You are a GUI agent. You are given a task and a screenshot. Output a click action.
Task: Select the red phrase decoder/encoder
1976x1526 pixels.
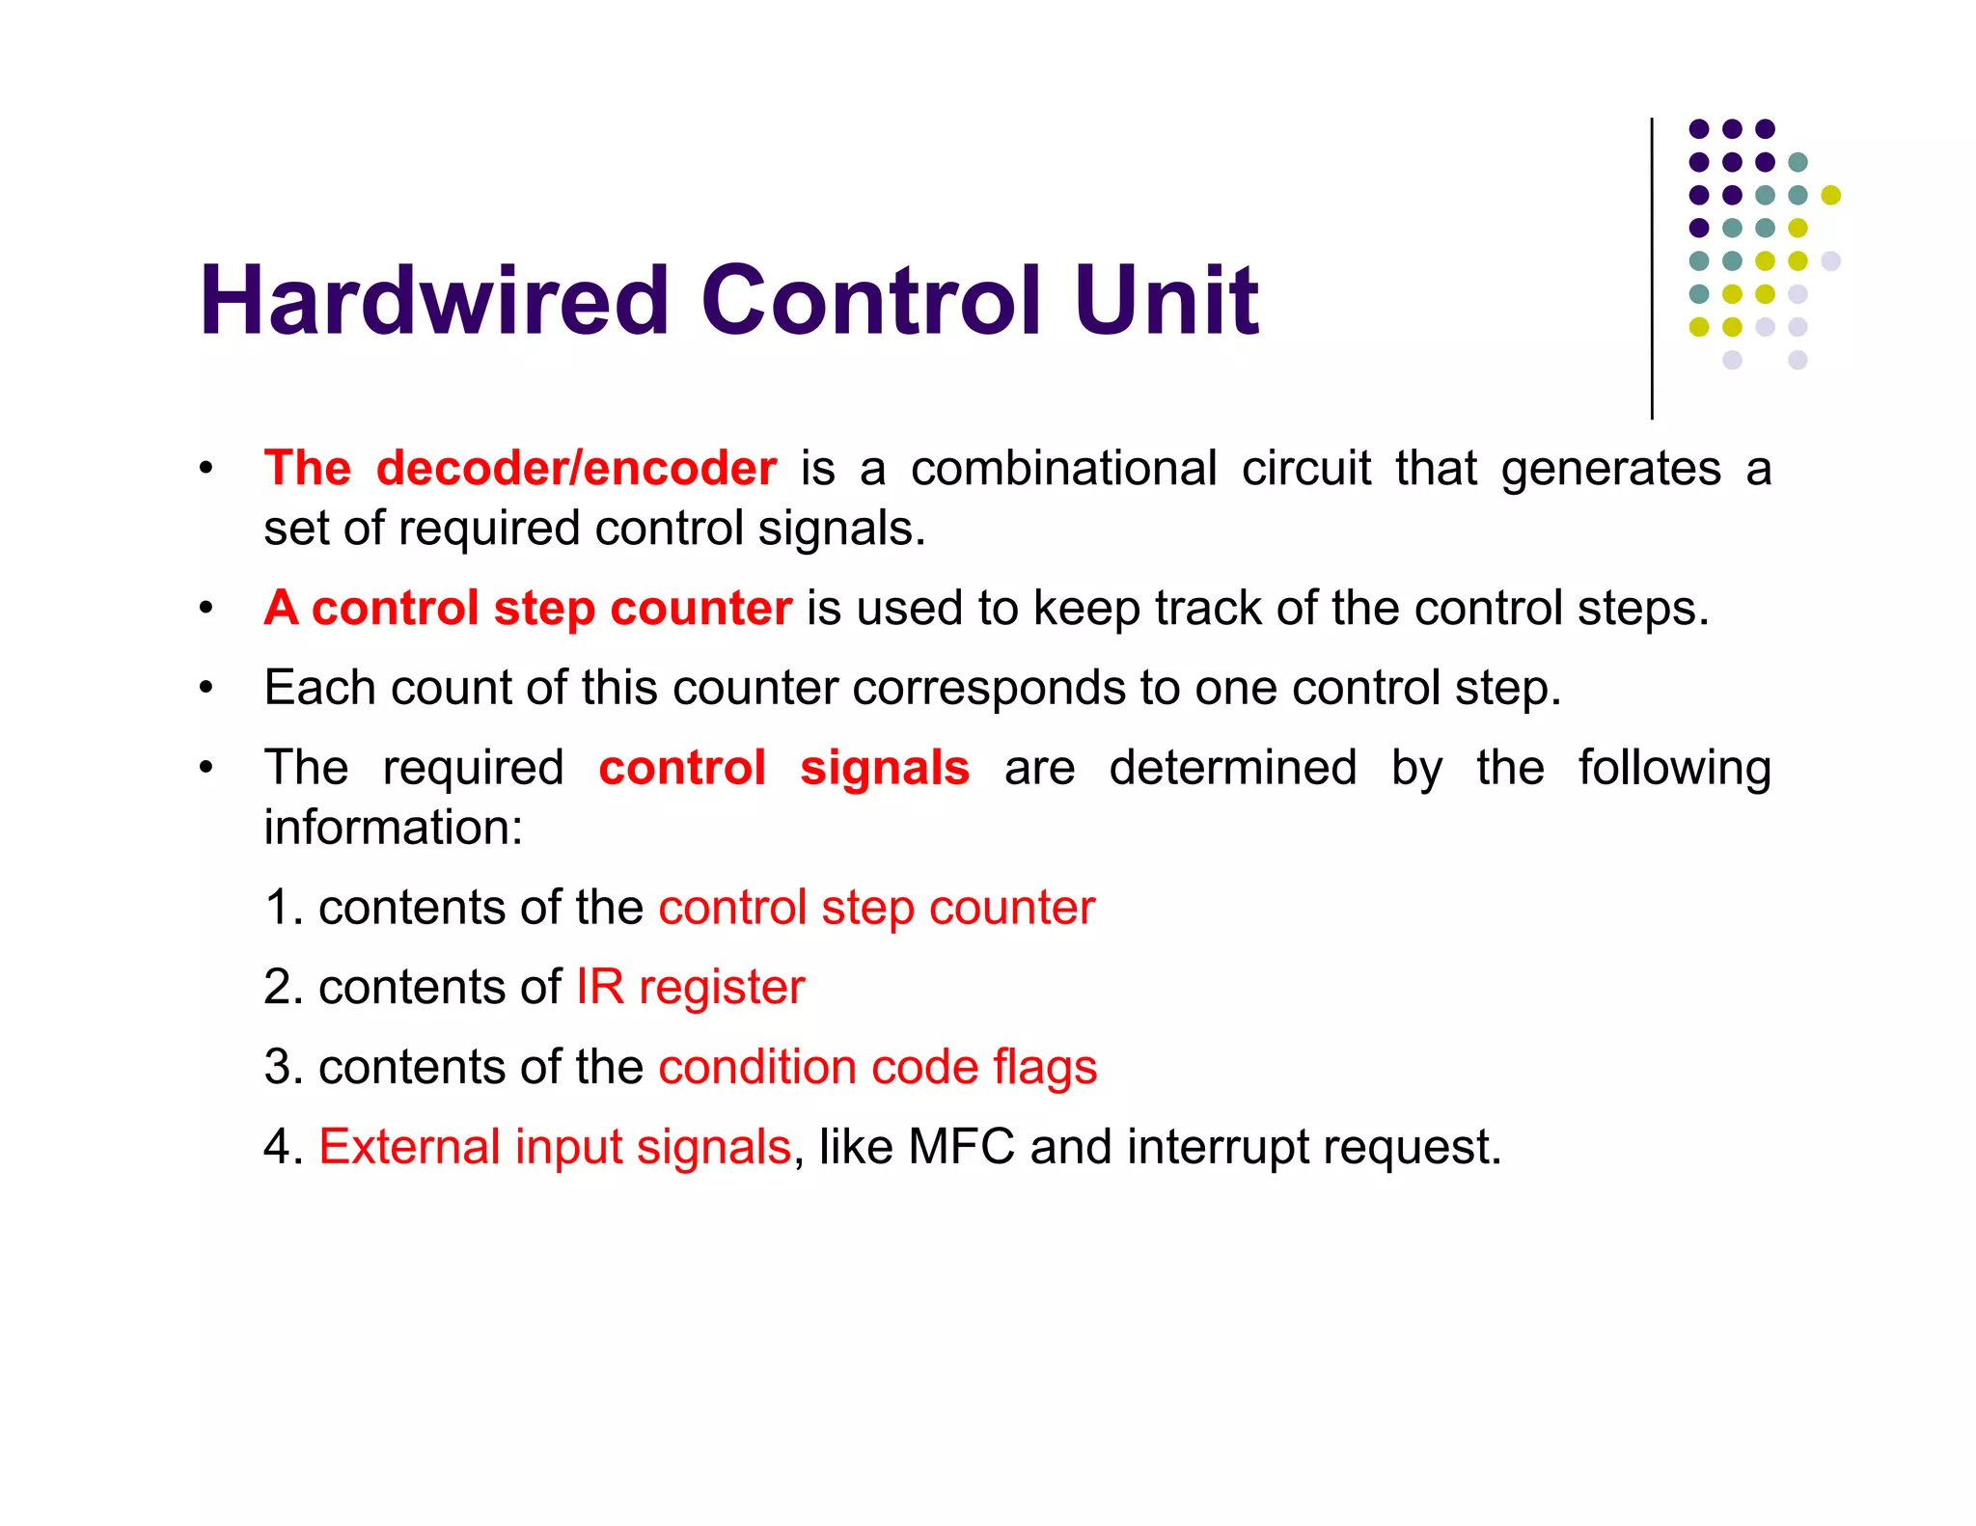click(x=576, y=469)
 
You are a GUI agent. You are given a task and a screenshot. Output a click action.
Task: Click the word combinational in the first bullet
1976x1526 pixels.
click(x=1063, y=469)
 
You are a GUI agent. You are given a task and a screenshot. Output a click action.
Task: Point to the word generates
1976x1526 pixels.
click(x=1610, y=469)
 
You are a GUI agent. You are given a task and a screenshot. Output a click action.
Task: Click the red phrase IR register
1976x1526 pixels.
click(x=690, y=987)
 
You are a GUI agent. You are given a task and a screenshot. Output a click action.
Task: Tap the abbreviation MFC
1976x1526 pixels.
click(x=961, y=1147)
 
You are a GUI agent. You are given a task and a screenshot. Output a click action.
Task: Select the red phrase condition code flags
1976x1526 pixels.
click(x=877, y=1067)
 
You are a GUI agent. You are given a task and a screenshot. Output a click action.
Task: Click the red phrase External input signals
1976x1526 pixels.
click(x=555, y=1147)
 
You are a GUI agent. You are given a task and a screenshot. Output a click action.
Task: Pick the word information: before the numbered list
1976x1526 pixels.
click(x=394, y=828)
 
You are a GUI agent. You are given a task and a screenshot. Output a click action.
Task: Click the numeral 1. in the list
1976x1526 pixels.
click(x=284, y=908)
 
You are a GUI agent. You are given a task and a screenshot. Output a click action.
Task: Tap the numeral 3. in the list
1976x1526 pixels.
click(x=284, y=1067)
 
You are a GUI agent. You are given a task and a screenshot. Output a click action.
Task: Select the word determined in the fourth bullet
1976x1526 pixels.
click(x=1232, y=769)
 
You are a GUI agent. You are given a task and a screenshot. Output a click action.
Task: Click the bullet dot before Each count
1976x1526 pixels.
click(x=206, y=689)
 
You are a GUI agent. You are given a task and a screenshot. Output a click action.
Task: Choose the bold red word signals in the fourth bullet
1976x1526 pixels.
click(x=884, y=769)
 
